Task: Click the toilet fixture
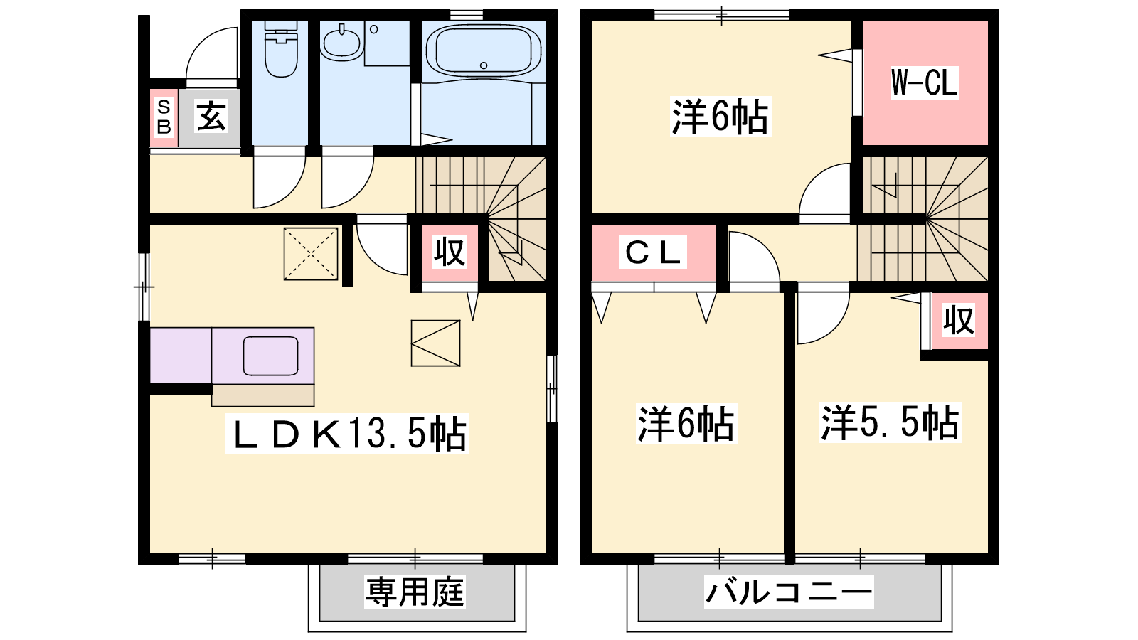(x=281, y=49)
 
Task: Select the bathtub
(x=484, y=50)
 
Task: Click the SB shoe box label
(x=164, y=117)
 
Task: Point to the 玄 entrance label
(x=211, y=116)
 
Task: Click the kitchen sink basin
(x=270, y=356)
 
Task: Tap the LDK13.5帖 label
(x=347, y=433)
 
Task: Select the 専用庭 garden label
(x=415, y=592)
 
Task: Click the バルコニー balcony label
(x=789, y=592)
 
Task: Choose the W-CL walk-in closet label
(x=925, y=82)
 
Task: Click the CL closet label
(x=653, y=252)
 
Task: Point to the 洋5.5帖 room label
(x=890, y=422)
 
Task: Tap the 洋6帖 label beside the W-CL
(x=720, y=117)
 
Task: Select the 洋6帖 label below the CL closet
(x=686, y=423)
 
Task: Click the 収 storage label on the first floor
(x=450, y=252)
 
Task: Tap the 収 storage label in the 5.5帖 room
(x=959, y=320)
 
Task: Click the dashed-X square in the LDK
(x=311, y=254)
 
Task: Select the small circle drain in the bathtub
(x=484, y=65)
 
